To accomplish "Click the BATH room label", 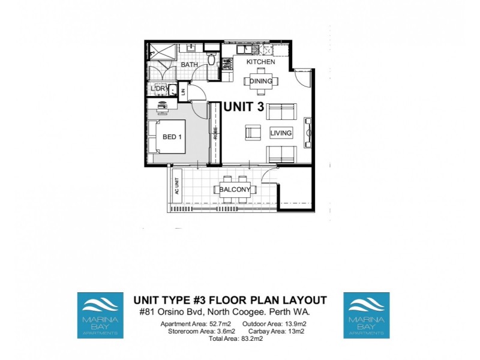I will (x=190, y=64).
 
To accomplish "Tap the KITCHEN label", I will (x=262, y=62).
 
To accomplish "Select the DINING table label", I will (x=261, y=82).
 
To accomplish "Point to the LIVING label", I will (x=281, y=133).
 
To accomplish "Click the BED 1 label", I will (x=172, y=137).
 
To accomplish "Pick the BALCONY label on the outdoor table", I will (x=235, y=190).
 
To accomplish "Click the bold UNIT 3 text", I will (x=244, y=106).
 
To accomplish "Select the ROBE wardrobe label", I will (x=215, y=134).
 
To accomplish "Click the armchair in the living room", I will (x=253, y=133).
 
